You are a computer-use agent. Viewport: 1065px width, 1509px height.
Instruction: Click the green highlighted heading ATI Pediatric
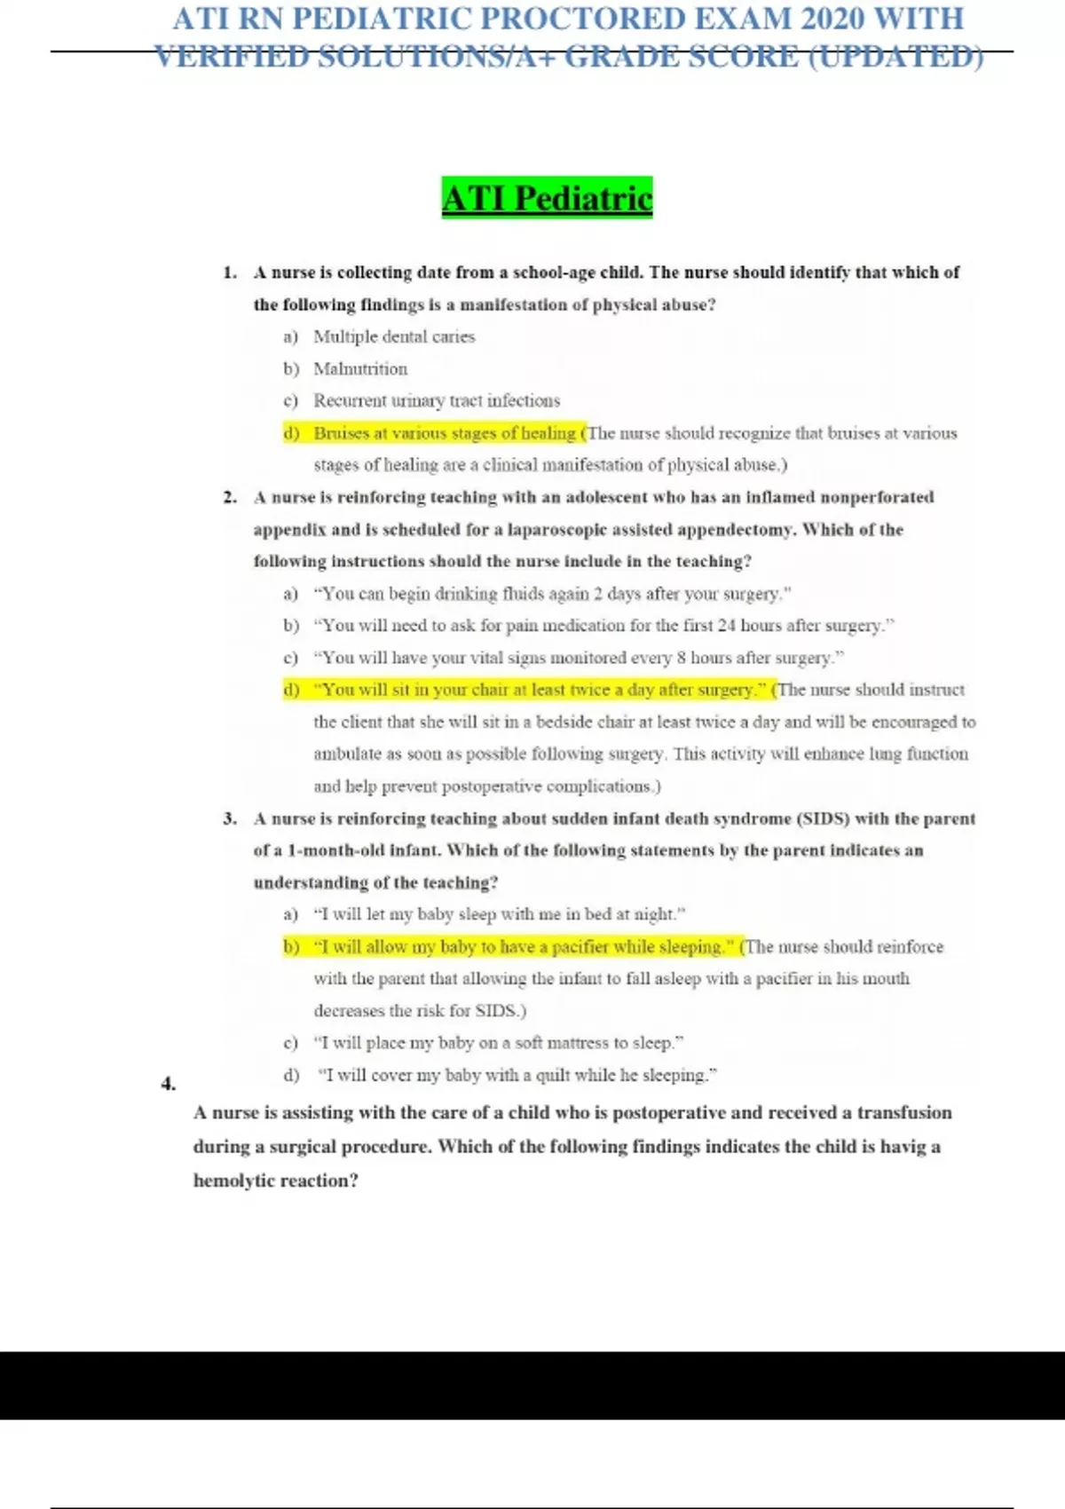[547, 198]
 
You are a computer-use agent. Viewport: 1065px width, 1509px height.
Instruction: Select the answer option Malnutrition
[359, 368]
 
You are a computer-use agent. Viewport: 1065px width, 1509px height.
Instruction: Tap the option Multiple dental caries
[393, 336]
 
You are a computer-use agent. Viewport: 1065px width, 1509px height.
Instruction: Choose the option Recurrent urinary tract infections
[436, 400]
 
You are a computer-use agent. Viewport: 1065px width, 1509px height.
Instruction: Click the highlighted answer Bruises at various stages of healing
[444, 433]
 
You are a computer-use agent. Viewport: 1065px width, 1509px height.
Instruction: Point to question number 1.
[230, 273]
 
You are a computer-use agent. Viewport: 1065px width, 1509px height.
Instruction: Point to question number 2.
[230, 497]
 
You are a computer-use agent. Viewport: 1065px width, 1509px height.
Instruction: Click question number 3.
[230, 818]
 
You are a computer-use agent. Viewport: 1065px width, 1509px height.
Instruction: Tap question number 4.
[169, 1084]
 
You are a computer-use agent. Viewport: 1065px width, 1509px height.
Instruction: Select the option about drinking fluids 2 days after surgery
[551, 594]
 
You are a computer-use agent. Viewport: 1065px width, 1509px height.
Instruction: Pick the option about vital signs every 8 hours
[578, 658]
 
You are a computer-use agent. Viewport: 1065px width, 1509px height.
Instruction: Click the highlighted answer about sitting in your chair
[539, 690]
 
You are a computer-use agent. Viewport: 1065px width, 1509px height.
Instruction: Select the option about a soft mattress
[498, 1043]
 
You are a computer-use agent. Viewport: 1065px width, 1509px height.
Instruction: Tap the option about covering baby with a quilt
[517, 1075]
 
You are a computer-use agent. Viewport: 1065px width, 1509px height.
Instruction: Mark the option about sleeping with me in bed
[500, 914]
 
